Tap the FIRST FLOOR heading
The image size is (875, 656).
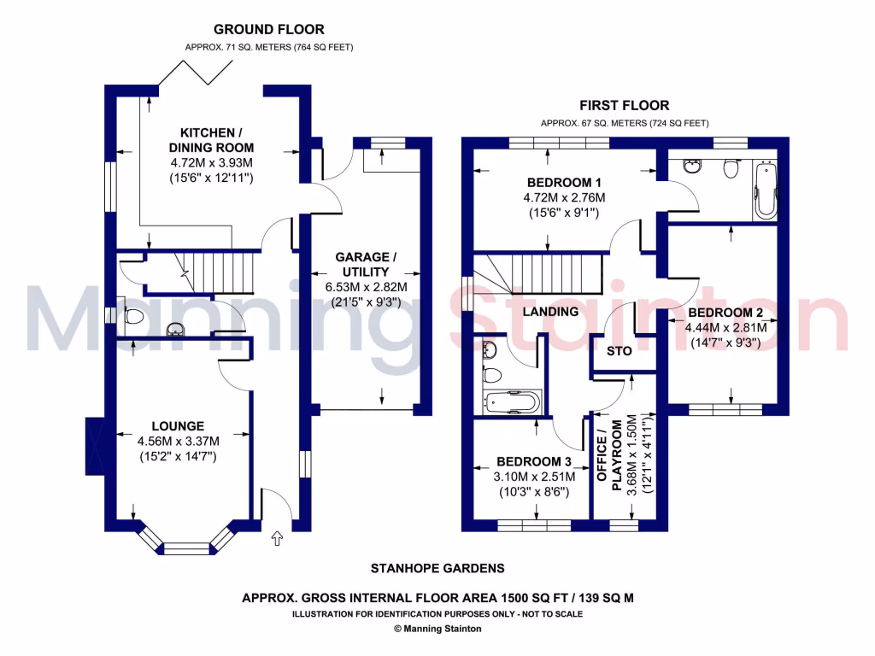point(624,106)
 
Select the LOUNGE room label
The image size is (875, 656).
point(178,425)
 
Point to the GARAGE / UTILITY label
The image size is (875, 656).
point(366,264)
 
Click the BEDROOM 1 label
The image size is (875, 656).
point(564,183)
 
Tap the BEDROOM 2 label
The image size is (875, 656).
point(725,312)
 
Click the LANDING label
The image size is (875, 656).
point(551,312)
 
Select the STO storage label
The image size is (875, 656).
point(619,351)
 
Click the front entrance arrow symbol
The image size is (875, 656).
point(276,538)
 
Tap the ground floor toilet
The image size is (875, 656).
point(132,316)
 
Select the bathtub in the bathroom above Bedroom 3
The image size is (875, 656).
point(512,401)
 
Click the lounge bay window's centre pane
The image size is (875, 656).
point(186,548)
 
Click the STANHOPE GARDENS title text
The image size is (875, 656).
point(437,568)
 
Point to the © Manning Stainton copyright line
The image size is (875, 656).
point(437,629)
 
